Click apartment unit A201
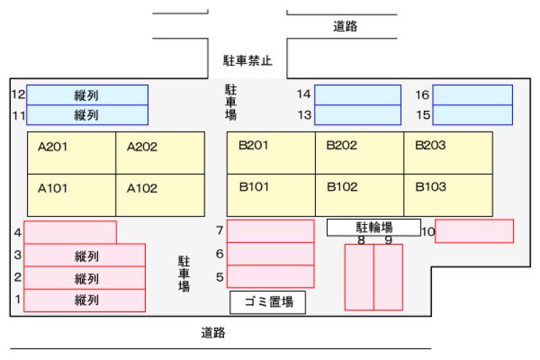click(72, 153)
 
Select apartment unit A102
click(160, 195)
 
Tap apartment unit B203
click(448, 153)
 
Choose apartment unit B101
click(271, 195)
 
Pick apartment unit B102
click(359, 195)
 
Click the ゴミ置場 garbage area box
click(267, 303)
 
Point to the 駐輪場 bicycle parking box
click(374, 228)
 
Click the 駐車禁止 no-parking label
click(248, 61)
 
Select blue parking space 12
click(86, 95)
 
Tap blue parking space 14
click(358, 95)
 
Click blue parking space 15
click(473, 115)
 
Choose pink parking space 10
click(474, 231)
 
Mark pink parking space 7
click(270, 231)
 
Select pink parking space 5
click(270, 276)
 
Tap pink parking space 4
click(70, 232)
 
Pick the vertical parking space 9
click(388, 277)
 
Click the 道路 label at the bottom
click(213, 333)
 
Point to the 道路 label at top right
click(345, 27)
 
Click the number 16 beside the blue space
click(422, 95)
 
